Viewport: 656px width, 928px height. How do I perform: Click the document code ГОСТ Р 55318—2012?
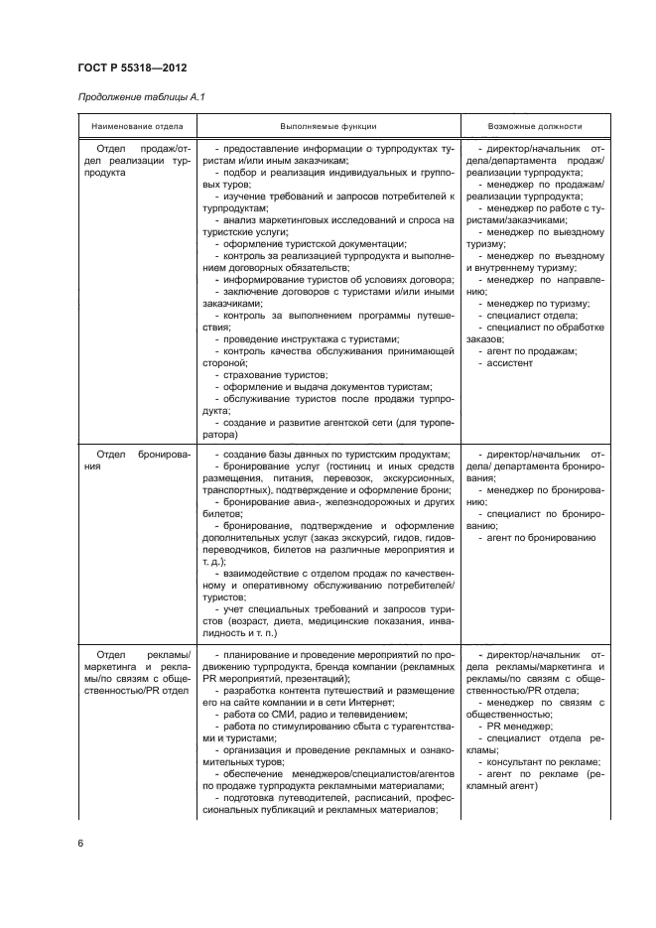pos(131,66)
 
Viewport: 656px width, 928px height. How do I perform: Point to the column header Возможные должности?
pos(535,127)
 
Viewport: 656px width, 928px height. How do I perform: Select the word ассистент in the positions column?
pos(511,363)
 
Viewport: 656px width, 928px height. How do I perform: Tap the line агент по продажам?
pos(526,351)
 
